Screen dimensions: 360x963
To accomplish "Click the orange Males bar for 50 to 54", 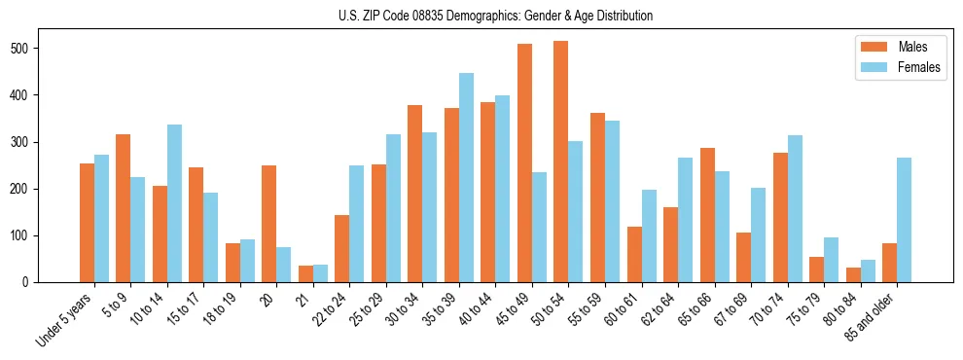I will coord(561,162).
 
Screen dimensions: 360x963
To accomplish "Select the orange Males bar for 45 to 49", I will coord(524,163).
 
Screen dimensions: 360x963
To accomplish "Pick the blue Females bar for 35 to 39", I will coord(466,178).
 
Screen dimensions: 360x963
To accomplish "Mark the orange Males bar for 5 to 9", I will coord(124,208).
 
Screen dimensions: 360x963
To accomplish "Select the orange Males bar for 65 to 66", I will coord(707,215).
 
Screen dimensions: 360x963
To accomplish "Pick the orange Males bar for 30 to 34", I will coord(415,194).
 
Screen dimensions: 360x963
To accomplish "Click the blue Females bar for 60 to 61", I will coord(649,236).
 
